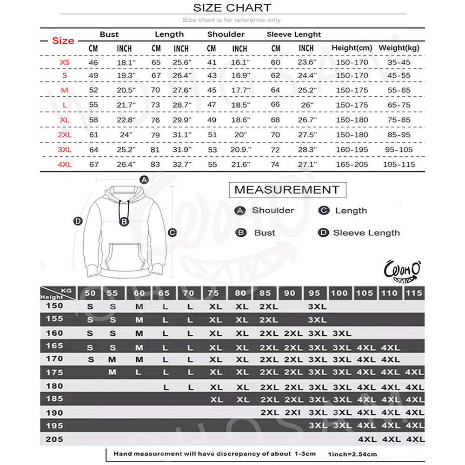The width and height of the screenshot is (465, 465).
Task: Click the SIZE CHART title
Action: (232, 8)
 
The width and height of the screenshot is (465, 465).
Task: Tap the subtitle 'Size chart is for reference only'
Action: (231, 20)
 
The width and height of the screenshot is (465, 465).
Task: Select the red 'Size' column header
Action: (63, 40)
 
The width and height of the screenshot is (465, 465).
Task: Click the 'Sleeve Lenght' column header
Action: (294, 34)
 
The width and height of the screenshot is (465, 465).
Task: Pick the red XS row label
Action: (65, 62)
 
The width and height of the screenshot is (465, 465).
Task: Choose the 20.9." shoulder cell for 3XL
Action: (240, 150)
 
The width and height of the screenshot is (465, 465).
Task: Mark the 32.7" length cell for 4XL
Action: (181, 164)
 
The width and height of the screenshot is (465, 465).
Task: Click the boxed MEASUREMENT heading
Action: (287, 190)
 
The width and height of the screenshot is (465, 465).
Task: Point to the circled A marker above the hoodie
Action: (144, 180)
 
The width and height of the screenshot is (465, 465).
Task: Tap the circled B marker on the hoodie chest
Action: (124, 222)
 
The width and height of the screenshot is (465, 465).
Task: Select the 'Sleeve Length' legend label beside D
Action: (366, 233)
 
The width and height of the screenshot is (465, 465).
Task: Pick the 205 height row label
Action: (54, 439)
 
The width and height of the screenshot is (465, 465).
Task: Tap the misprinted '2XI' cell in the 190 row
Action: (293, 412)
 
